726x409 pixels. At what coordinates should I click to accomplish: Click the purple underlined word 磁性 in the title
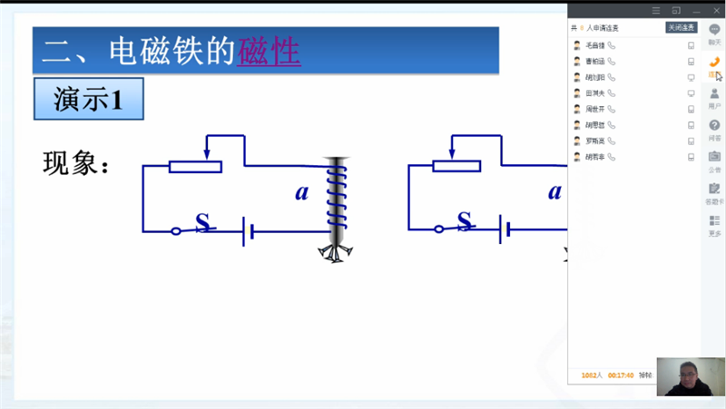269,52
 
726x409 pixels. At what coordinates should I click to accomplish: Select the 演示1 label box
88,100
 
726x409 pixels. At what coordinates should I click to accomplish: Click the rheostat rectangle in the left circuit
195,166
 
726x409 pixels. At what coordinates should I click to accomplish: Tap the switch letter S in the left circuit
203,220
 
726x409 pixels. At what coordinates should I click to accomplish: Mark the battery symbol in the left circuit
248,230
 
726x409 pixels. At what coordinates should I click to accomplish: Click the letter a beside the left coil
302,192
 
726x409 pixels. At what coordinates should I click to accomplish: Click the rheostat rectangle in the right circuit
457,165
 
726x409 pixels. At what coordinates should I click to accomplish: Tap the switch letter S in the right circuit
465,219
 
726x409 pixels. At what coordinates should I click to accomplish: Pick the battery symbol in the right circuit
508,230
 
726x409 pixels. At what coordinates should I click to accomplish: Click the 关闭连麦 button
681,28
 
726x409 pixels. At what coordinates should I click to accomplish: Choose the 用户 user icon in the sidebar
714,97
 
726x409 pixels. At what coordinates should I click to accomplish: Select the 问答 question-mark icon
714,128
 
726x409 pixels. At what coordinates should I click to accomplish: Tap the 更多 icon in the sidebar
714,223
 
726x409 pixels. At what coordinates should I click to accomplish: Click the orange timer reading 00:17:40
621,375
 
